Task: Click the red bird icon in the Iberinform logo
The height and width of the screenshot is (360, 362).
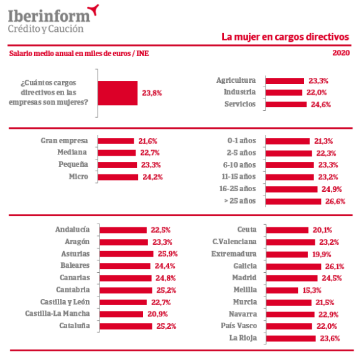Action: pos(93,10)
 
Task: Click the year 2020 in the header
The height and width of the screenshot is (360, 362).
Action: pos(341,53)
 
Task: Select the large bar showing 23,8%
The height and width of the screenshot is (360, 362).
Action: pos(118,93)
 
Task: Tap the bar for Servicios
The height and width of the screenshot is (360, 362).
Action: pos(286,104)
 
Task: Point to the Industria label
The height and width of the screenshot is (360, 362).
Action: pos(239,92)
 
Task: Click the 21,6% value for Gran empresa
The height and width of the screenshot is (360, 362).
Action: pos(148,141)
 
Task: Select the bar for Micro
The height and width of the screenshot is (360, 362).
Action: pos(118,177)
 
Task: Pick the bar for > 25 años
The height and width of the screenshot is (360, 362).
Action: pos(294,201)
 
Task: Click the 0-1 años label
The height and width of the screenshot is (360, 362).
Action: pos(242,141)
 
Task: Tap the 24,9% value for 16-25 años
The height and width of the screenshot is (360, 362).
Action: pos(332,189)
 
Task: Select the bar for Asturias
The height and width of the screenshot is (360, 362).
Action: pos(126,254)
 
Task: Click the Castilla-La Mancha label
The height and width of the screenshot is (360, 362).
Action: pos(57,313)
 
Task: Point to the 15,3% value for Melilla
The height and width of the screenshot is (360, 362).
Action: pos(312,290)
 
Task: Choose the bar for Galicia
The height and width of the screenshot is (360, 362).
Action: pos(294,267)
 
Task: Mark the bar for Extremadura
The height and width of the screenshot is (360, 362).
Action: pos(287,254)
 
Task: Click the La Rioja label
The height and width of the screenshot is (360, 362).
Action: pos(243,338)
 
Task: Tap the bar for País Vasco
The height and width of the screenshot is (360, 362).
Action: pos(289,326)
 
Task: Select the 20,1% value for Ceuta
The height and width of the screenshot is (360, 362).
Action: pos(322,230)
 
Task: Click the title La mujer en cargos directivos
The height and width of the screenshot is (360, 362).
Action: pos(285,37)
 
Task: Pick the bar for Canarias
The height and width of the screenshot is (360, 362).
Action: pos(126,278)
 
